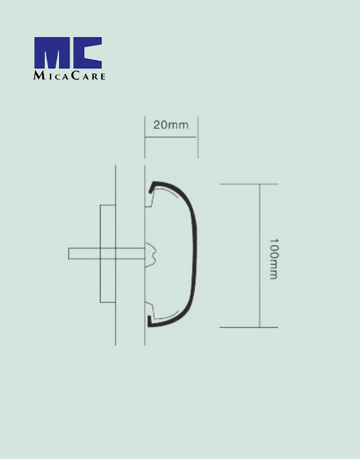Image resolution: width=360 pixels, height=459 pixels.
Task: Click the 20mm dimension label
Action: pos(171,125)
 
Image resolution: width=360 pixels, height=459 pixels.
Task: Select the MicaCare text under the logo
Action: pos(69,75)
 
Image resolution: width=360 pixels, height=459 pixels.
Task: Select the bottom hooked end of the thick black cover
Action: pos(151,321)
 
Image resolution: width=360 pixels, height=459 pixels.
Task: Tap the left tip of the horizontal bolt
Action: pos(70,253)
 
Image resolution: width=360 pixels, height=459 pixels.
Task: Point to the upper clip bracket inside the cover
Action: pos(149,201)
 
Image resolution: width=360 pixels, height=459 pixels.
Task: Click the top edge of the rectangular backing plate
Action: pos(107,206)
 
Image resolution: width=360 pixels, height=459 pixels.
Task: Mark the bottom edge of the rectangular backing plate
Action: pos(107,302)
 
